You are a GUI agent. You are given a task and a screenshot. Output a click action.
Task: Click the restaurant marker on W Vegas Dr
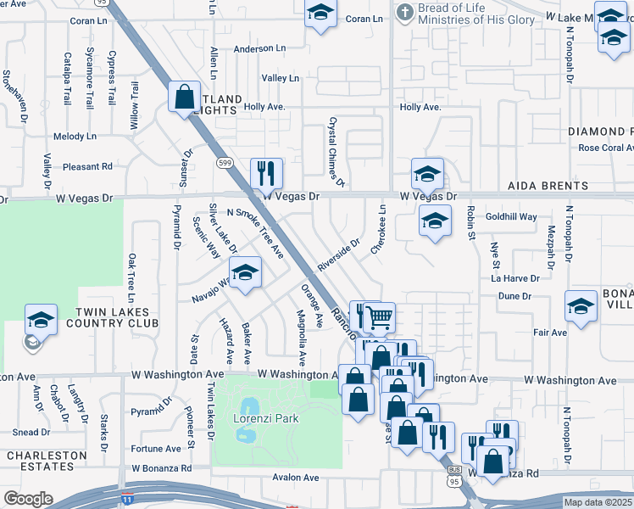point(266,174)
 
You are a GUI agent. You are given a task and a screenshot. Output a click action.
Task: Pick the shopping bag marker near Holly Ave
point(184,97)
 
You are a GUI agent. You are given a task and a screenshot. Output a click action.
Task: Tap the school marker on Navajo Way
point(245,273)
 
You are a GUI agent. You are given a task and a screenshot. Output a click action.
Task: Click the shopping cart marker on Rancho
point(380,318)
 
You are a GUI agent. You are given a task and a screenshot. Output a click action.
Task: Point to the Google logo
point(28,499)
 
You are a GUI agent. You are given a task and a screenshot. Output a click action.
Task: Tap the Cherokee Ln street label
point(378,229)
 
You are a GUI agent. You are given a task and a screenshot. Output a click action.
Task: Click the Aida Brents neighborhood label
point(548,186)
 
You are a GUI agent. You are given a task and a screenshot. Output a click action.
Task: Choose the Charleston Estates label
point(47,461)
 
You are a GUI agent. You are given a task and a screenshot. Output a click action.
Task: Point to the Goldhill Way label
point(511,217)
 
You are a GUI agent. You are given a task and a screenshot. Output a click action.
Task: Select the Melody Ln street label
point(75,137)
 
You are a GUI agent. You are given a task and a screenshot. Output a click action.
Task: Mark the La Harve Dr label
point(515,277)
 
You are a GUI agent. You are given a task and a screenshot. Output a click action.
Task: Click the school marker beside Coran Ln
point(320,14)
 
